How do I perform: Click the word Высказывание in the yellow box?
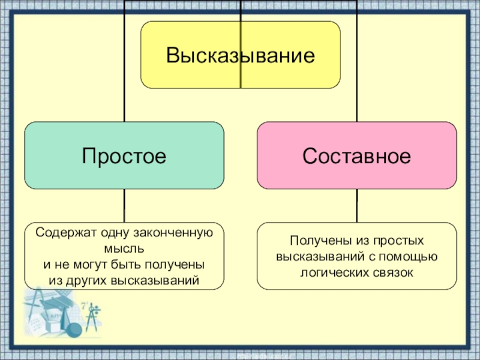tap(240, 56)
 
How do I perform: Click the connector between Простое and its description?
tap(124, 206)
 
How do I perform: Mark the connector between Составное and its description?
tap(356, 206)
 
